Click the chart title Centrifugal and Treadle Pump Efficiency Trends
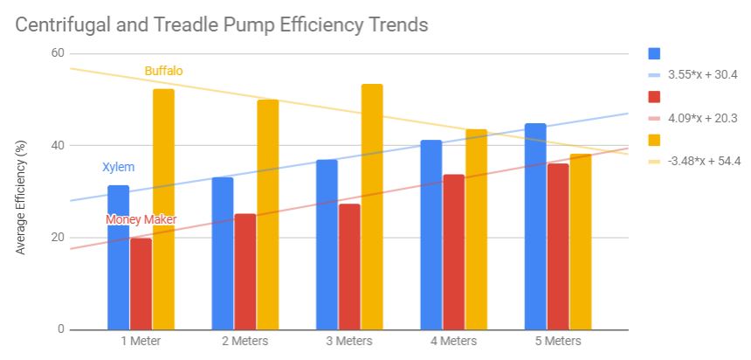(222, 24)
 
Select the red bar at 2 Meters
(245, 271)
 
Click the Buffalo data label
(163, 71)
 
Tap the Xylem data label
(119, 167)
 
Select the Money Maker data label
(141, 219)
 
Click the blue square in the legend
(654, 53)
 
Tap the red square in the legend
(654, 96)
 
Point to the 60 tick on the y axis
(59, 53)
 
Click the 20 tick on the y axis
(59, 238)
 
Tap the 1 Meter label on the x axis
(140, 342)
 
